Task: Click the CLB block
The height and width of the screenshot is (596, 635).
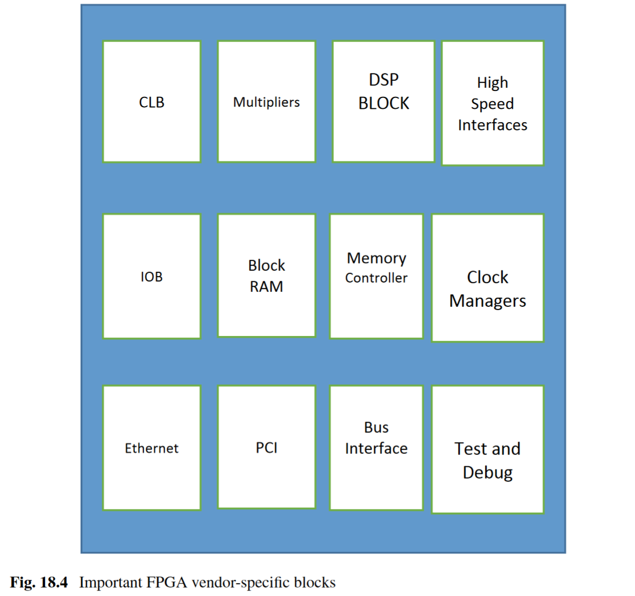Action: point(152,102)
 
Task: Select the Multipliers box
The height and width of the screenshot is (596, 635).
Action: point(266,102)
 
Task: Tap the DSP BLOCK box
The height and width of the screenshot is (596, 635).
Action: point(383,102)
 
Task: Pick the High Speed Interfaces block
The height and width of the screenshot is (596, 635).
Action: point(493,103)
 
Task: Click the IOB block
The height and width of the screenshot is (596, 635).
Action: point(152,276)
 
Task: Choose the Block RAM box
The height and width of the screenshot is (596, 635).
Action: point(266,276)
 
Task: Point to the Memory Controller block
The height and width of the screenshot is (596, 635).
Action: point(376,276)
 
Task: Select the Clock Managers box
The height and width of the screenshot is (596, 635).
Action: point(488,278)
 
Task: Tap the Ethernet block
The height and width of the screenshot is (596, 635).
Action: point(152,448)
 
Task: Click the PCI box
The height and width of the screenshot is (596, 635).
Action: point(266,447)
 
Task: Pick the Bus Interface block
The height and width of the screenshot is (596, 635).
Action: point(376,448)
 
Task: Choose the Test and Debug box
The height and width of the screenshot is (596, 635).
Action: point(488,450)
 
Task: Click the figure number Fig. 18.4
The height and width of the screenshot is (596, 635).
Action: point(39,583)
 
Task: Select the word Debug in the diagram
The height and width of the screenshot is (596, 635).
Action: point(488,473)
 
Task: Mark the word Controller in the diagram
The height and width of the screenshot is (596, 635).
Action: point(376,278)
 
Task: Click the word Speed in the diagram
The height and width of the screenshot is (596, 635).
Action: point(493,104)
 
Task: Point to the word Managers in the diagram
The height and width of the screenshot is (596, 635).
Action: point(488,301)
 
